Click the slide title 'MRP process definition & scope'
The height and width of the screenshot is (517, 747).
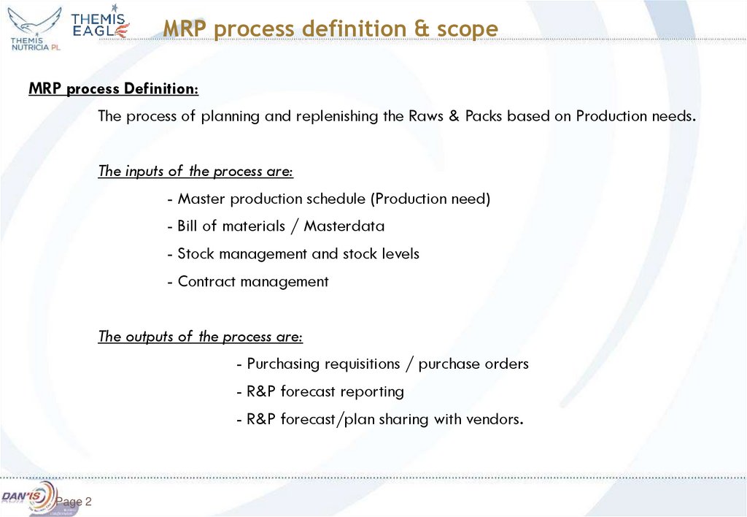330,29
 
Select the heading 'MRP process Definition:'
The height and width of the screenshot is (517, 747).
113,89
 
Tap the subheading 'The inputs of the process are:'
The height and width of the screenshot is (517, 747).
196,172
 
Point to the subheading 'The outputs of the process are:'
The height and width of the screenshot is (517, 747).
201,337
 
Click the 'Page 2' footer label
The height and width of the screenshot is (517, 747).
74,502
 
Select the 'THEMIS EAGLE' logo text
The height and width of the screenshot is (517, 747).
101,25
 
